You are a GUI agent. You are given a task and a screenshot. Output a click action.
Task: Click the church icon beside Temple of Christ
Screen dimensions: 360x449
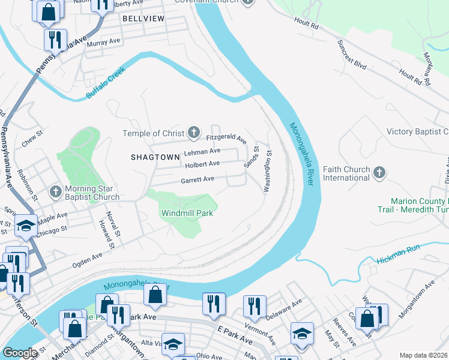click(x=193, y=132)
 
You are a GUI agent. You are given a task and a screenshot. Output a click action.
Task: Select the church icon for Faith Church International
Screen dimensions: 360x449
click(x=379, y=173)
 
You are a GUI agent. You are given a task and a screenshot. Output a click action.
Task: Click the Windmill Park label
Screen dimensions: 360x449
click(x=187, y=213)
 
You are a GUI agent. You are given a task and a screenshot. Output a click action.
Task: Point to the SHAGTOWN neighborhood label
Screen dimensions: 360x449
click(x=155, y=157)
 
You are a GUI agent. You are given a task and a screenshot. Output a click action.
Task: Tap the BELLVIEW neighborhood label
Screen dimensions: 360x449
click(x=143, y=19)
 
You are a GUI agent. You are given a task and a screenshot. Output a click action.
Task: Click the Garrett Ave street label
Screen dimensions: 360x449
click(x=197, y=179)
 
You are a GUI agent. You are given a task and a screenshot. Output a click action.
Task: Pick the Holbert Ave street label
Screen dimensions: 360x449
click(x=202, y=164)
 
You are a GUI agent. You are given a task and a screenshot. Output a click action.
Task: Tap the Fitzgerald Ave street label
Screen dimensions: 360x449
click(x=227, y=138)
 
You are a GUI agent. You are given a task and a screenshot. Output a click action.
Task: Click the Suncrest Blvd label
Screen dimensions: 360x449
click(x=352, y=55)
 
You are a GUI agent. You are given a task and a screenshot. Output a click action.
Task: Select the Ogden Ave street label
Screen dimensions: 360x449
click(x=88, y=259)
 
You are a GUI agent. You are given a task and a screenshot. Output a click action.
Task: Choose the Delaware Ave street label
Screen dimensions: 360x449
click(x=286, y=311)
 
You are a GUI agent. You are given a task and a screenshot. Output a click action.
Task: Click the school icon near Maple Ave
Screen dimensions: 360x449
click(x=26, y=226)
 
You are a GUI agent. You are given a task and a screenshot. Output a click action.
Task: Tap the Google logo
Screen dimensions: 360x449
click(x=20, y=353)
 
